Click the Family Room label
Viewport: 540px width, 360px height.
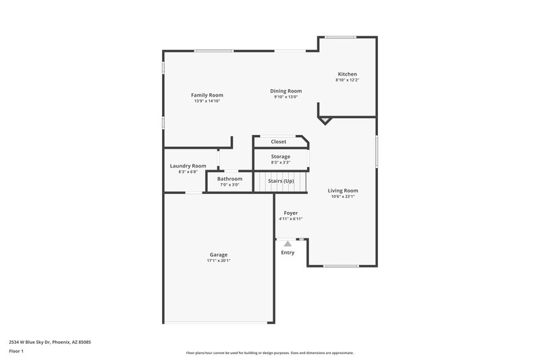(x=207, y=95)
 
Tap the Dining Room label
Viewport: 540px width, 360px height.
(x=286, y=91)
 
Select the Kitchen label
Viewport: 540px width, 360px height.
(x=348, y=74)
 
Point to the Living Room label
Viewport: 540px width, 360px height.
(x=343, y=190)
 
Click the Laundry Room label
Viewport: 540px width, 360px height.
(x=188, y=165)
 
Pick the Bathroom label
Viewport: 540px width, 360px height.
(x=230, y=178)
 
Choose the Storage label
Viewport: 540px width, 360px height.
(x=281, y=157)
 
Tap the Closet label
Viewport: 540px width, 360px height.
(x=279, y=142)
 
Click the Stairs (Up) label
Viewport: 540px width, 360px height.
(x=281, y=181)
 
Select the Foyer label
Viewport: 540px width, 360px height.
(x=291, y=213)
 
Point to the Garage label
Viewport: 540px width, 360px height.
(x=219, y=255)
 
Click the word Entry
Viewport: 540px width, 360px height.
(x=288, y=253)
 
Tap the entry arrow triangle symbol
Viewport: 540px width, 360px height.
(x=288, y=243)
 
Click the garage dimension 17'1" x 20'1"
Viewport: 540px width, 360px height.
(x=219, y=261)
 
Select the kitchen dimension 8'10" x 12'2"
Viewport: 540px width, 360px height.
(x=348, y=80)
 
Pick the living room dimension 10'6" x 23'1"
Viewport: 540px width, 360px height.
(x=343, y=197)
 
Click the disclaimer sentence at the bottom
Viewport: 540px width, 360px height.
(x=270, y=353)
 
